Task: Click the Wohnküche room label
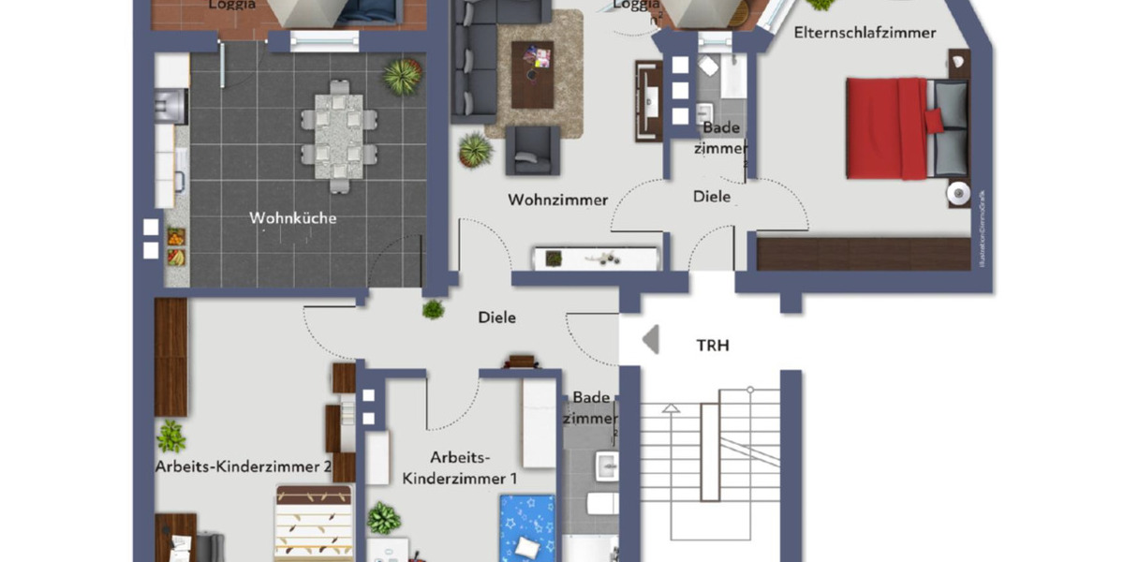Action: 292,218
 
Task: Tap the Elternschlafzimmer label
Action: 864,33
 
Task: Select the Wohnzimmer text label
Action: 558,200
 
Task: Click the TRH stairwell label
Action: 712,346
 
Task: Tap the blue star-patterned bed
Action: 527,529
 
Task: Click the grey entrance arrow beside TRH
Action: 650,339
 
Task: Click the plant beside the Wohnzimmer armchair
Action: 475,149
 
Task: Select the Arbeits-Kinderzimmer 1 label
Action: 460,467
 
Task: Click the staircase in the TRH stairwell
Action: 712,468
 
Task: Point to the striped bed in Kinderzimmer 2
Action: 314,525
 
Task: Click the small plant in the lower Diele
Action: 433,309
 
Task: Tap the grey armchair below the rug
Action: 533,150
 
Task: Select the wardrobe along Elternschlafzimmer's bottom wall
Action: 862,254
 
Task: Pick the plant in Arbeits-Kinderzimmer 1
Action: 383,518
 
